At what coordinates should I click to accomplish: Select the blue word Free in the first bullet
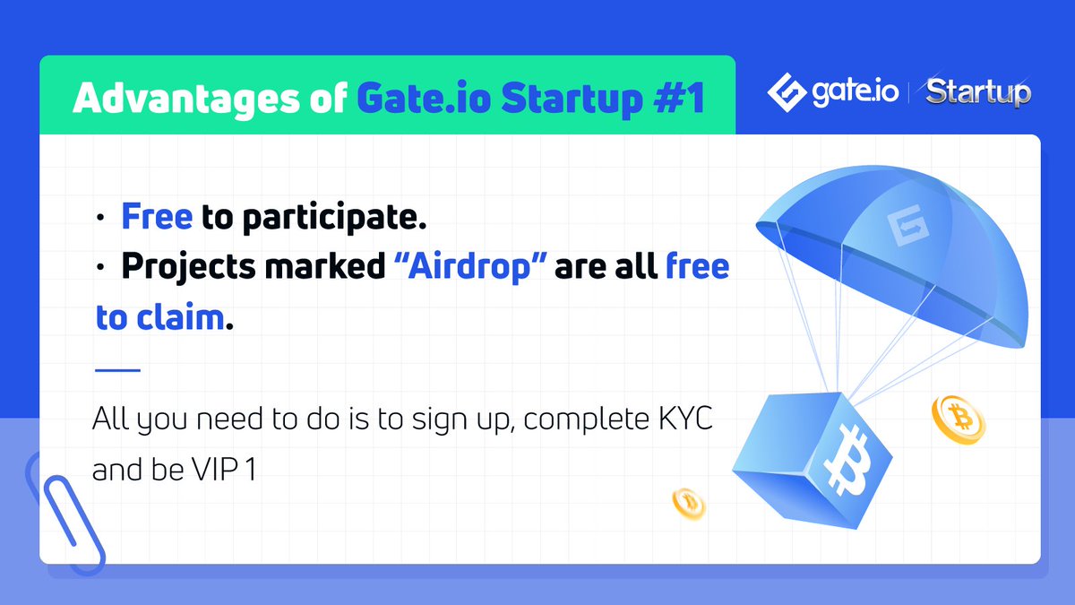(158, 218)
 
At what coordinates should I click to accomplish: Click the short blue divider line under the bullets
(117, 369)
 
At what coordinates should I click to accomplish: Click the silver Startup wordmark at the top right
(978, 91)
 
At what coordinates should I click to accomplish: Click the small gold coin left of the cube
(689, 503)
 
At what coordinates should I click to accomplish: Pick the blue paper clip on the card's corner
(64, 511)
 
